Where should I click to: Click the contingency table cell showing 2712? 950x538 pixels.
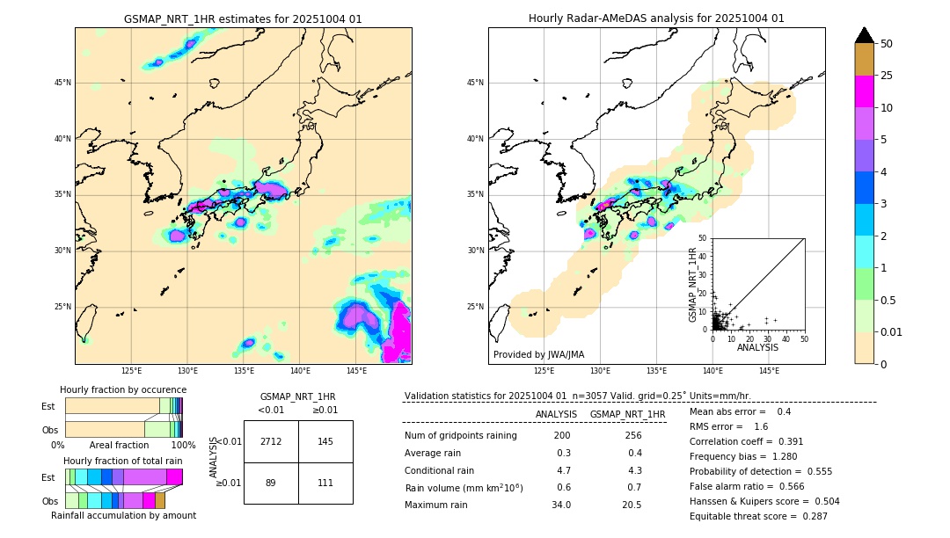pos(271,441)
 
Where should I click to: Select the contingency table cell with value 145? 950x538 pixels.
pos(325,441)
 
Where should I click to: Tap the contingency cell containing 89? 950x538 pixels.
pos(271,483)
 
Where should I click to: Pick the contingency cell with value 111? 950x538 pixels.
pos(325,483)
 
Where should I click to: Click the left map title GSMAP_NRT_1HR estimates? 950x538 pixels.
pos(243,18)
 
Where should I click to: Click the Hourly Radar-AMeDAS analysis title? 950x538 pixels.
pos(656,18)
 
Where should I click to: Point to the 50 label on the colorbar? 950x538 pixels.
pos(887,43)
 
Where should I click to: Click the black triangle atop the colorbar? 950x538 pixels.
pos(865,35)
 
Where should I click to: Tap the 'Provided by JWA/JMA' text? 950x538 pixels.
pos(538,354)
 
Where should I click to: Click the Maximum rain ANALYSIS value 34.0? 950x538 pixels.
pos(561,505)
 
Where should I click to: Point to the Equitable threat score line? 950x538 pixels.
pos(758,516)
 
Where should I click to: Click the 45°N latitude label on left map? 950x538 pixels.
pos(62,83)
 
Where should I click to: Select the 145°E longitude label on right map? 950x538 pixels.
pos(769,371)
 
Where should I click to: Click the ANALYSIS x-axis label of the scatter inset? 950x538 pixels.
pos(757,347)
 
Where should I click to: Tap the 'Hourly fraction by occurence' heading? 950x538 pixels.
pos(123,389)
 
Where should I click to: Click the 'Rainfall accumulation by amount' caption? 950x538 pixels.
pos(123,515)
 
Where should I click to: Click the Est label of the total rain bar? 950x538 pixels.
pos(48,477)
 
